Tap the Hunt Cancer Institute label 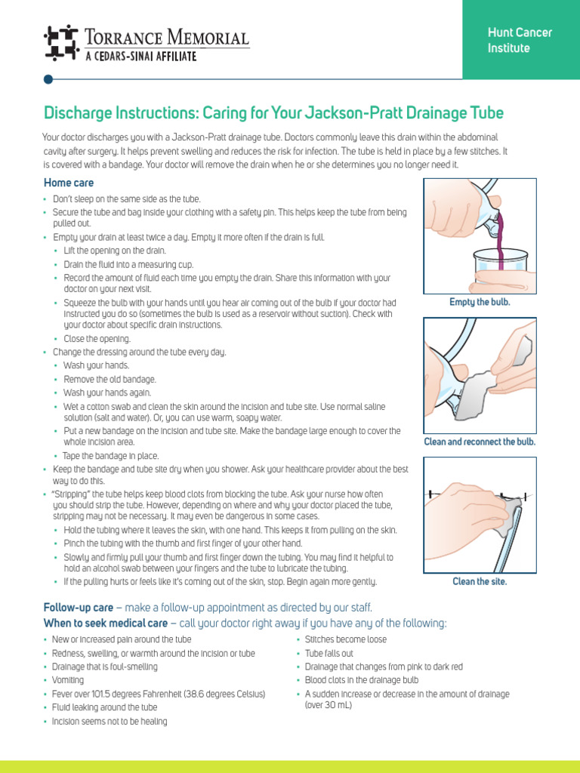tap(520, 40)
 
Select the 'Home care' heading tap(69, 183)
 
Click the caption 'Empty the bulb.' tap(480, 302)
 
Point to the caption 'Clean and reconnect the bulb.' tap(480, 442)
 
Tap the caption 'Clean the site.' tap(480, 581)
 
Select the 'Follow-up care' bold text tap(79, 608)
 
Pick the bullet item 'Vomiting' tap(69, 680)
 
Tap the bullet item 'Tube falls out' tap(329, 653)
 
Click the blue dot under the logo tap(48, 79)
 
